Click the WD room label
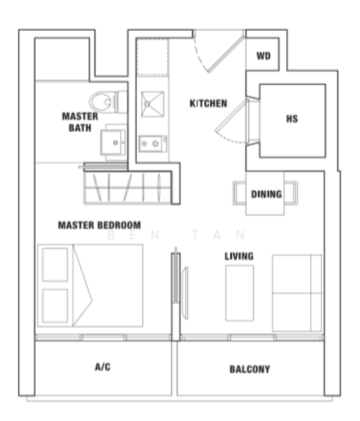263,56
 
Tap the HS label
292,119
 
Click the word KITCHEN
208,103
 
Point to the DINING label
266,194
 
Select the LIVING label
239,256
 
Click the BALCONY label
250,369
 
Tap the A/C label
102,367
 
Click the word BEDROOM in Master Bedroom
119,225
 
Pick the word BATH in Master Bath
80,128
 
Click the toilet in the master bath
108,102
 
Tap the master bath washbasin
113,142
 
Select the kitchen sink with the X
152,104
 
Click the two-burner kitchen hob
152,144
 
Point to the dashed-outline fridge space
152,58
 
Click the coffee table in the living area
239,293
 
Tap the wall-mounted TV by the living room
185,293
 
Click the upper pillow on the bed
55,265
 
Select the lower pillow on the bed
55,306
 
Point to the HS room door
232,121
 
